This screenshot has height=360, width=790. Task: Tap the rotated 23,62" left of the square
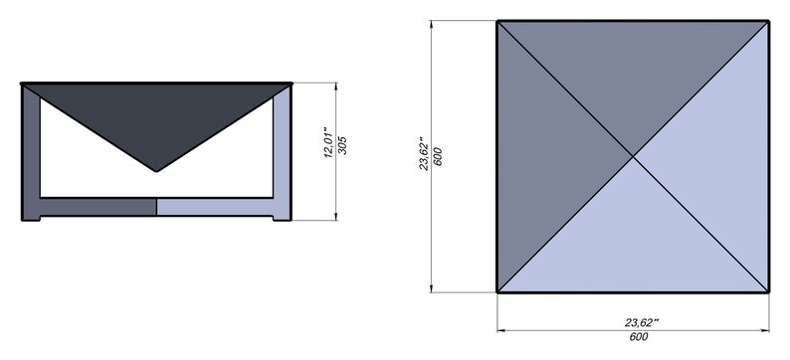point(421,154)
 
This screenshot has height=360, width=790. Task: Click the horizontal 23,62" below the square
point(643,322)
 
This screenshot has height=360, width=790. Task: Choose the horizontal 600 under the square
point(635,337)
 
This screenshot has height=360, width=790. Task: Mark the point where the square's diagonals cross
point(633,155)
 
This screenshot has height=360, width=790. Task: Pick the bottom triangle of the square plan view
point(633,239)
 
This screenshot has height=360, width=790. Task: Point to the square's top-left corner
point(497,20)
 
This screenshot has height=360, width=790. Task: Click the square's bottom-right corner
point(768,291)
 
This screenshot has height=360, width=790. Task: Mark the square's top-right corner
point(768,20)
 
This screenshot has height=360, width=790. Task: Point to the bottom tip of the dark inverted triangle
point(156,171)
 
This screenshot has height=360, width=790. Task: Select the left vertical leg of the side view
point(31,149)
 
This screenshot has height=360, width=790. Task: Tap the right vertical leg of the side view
point(283,149)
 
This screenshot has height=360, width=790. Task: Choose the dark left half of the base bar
point(95,207)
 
